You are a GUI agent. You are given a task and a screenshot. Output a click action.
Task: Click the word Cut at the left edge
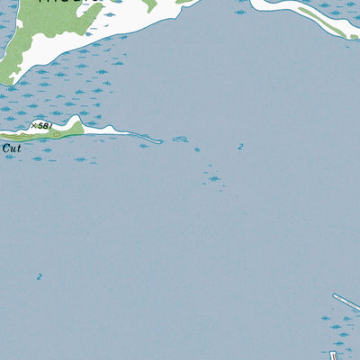click(11, 147)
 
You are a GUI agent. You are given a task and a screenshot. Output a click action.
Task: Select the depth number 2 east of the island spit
click(240, 147)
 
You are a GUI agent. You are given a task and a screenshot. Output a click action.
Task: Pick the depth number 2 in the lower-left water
click(39, 277)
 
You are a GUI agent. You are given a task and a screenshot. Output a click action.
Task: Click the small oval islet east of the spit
click(178, 139)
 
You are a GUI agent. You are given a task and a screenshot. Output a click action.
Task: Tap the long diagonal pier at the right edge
click(346, 301)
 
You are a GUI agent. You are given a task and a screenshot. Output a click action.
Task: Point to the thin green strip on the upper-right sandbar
click(328, 25)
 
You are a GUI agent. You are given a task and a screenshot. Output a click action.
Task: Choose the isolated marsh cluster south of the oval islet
click(211, 176)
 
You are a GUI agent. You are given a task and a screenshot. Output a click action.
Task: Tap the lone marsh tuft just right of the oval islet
click(197, 149)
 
